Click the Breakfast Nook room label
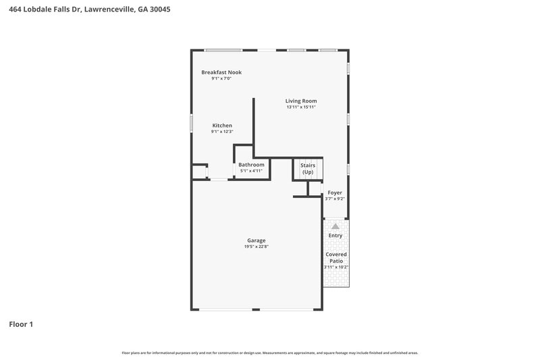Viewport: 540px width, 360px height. [x=221, y=72]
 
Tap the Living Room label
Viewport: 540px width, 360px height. [x=301, y=101]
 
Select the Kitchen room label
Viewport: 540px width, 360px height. [x=222, y=126]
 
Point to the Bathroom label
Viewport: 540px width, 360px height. [x=252, y=165]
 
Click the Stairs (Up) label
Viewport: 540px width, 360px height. [x=308, y=168]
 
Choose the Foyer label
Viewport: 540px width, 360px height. [x=335, y=192]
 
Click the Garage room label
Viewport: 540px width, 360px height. [x=256, y=240]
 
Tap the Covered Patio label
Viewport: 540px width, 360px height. [x=336, y=257]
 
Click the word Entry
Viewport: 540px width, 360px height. [x=335, y=235]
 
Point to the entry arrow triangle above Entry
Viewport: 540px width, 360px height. [x=335, y=226]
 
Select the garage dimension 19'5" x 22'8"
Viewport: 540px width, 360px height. [x=256, y=247]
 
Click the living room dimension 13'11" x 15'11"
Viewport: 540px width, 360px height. [x=301, y=107]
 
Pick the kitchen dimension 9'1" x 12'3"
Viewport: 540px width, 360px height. [x=222, y=132]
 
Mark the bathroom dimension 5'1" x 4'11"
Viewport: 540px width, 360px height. [x=252, y=171]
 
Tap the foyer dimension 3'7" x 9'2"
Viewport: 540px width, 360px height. [x=335, y=199]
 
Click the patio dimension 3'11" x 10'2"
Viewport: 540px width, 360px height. [x=336, y=267]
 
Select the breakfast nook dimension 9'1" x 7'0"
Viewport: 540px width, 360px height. [x=221, y=78]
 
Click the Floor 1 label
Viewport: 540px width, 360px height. [x=21, y=324]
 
